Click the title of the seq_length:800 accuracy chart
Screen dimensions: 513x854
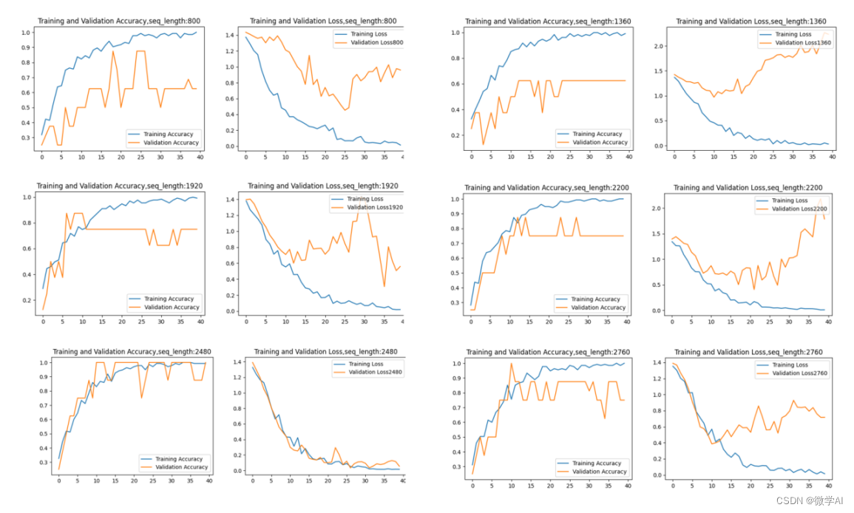coord(120,20)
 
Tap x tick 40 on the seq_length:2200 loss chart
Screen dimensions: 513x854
coord(828,322)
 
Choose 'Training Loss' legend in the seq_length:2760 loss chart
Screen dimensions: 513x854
coord(790,365)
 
